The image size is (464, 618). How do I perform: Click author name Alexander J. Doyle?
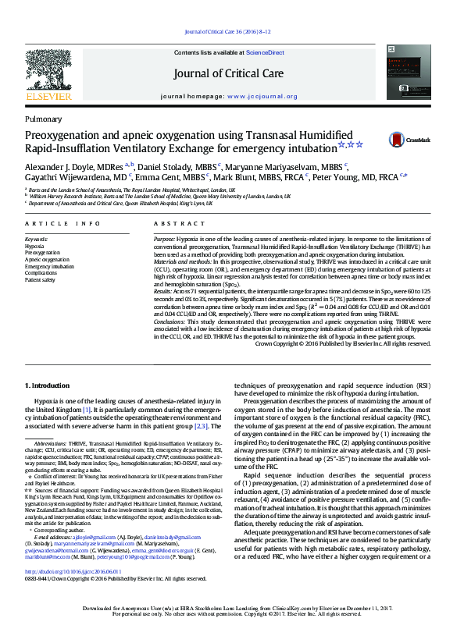[62, 166]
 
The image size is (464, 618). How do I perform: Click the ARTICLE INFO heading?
[62, 223]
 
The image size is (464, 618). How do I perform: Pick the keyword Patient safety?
[41, 279]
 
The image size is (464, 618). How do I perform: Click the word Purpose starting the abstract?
[165, 238]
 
